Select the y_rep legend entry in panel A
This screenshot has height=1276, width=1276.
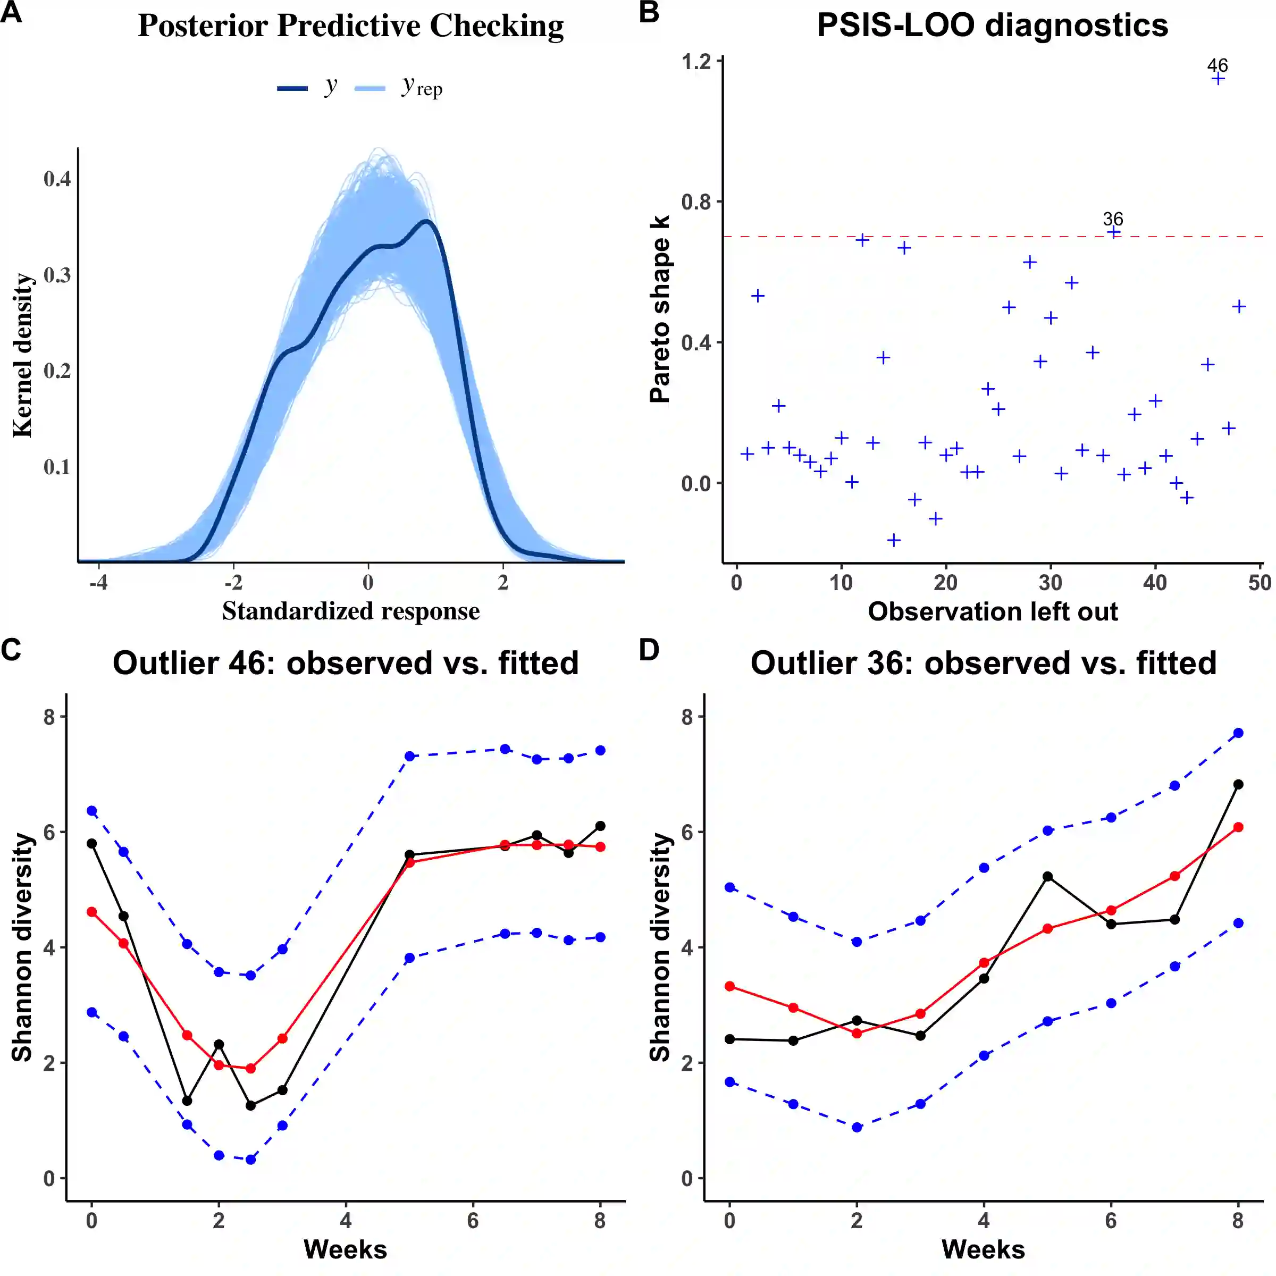(399, 87)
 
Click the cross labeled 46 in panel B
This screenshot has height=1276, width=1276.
(1219, 79)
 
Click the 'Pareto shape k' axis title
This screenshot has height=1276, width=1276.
(660, 308)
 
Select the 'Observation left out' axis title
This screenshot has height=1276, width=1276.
(993, 611)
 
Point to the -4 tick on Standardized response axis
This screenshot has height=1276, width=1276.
(98, 583)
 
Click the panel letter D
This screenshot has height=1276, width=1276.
(649, 650)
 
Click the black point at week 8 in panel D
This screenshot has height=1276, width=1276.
(1238, 785)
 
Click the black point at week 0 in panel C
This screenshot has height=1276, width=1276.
(92, 843)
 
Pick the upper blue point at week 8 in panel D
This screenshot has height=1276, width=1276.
(1238, 733)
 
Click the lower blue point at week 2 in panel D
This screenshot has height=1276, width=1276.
(857, 1127)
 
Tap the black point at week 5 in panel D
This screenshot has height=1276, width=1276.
(1047, 876)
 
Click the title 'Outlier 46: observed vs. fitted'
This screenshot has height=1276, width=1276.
(346, 663)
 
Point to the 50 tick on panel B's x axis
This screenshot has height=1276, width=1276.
(1260, 583)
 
